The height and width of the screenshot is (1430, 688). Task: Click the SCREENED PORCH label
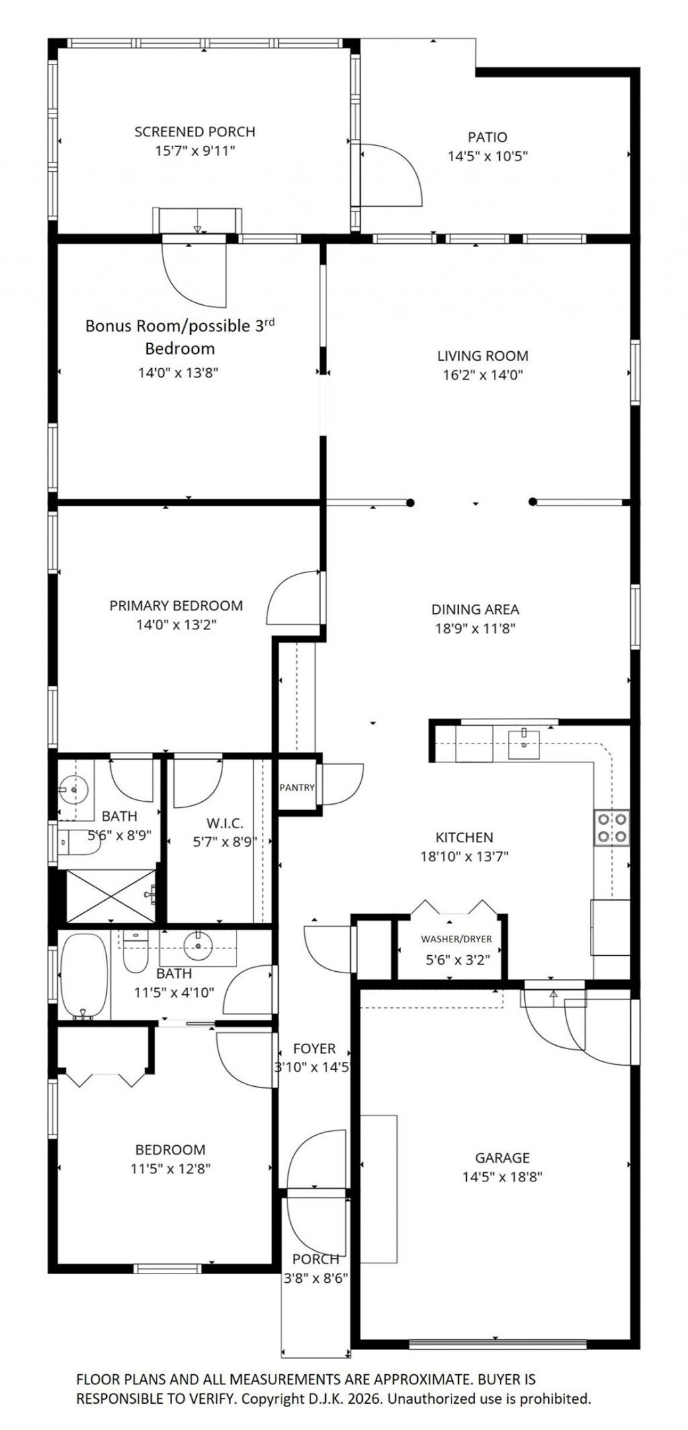pyautogui.click(x=195, y=132)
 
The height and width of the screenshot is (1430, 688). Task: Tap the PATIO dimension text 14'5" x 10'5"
pyautogui.click(x=487, y=157)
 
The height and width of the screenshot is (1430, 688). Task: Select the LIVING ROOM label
pyautogui.click(x=482, y=356)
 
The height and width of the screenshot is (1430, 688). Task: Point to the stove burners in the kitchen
pyautogui.click(x=612, y=827)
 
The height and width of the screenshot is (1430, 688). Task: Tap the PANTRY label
pyautogui.click(x=296, y=787)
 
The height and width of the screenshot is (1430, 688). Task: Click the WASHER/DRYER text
pyautogui.click(x=456, y=939)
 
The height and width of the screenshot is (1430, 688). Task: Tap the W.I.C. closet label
pyautogui.click(x=224, y=823)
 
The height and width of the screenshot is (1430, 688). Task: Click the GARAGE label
pyautogui.click(x=502, y=1157)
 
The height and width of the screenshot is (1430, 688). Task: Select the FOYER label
pyautogui.click(x=314, y=1049)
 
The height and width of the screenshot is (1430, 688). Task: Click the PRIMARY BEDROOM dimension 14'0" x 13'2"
pyautogui.click(x=176, y=625)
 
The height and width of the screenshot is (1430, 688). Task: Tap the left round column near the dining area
pyautogui.click(x=411, y=502)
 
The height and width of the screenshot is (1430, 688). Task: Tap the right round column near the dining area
pyautogui.click(x=533, y=501)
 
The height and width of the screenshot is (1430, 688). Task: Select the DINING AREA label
pyautogui.click(x=475, y=609)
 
